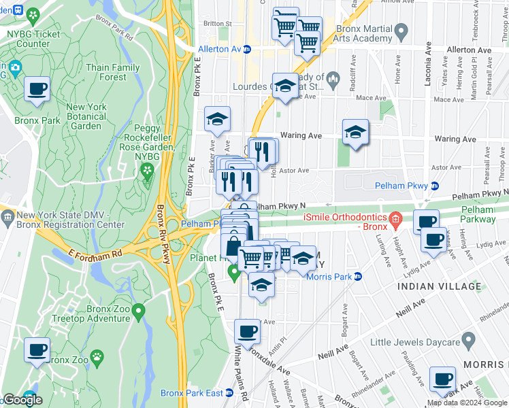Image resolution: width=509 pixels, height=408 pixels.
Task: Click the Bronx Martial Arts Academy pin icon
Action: [401, 30]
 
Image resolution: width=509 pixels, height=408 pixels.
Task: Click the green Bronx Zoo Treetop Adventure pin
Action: [139, 313]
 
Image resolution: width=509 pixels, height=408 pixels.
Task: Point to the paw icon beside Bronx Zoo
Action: [98, 356]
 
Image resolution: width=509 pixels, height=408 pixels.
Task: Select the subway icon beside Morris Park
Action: [357, 275]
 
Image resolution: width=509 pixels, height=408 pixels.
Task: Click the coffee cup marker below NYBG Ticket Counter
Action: [37, 89]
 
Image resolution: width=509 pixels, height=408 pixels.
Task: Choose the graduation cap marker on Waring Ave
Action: [355, 133]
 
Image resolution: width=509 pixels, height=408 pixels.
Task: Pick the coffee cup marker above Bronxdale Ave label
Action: [247, 332]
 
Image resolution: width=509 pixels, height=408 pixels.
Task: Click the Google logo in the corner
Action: [22, 400]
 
